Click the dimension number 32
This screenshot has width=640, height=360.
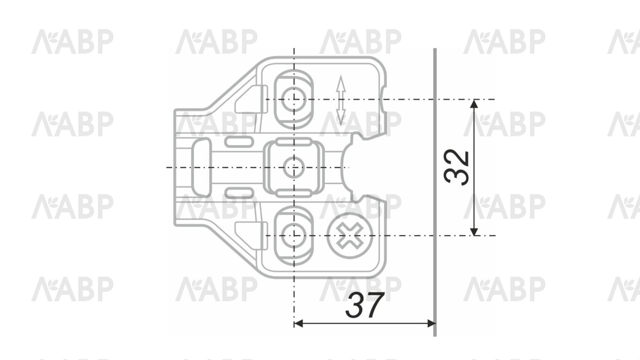point(456,167)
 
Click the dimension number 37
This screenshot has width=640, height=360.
point(364,305)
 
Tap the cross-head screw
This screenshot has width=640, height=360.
point(349,235)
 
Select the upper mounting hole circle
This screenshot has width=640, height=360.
point(293,99)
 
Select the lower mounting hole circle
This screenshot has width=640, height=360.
point(293,235)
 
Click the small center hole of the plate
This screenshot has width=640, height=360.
point(293,167)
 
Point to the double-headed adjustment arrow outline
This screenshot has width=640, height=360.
point(340,100)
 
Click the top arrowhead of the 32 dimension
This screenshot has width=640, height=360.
point(474,103)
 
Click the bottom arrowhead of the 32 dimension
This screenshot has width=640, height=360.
point(474,231)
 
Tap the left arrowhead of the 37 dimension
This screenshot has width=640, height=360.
point(298,323)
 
